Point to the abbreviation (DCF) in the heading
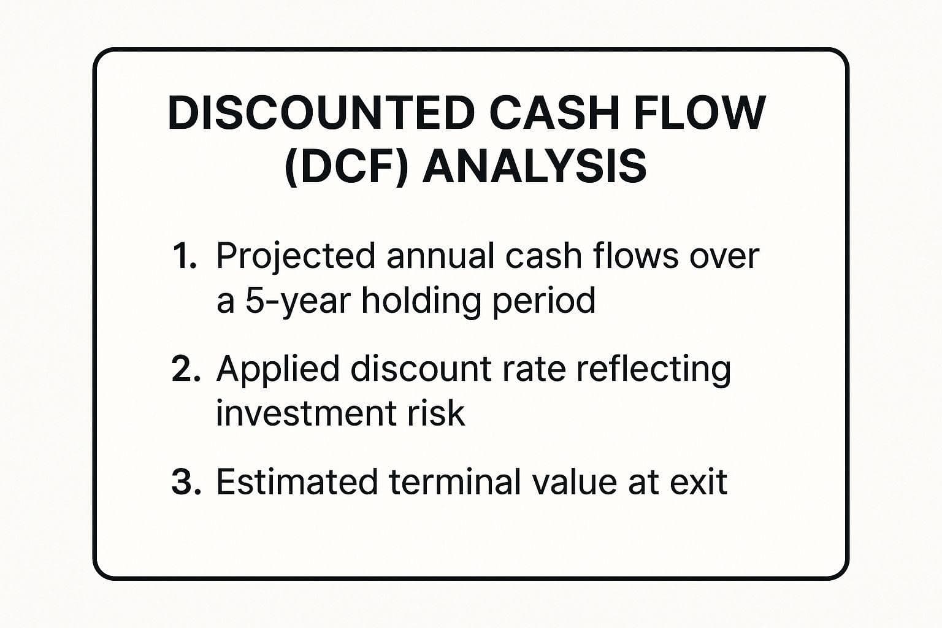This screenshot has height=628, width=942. point(346,167)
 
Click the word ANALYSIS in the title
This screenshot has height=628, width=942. point(534,167)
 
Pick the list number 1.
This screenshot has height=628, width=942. point(184,256)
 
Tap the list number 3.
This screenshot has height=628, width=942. point(186,482)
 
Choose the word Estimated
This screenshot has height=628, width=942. point(296,482)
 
